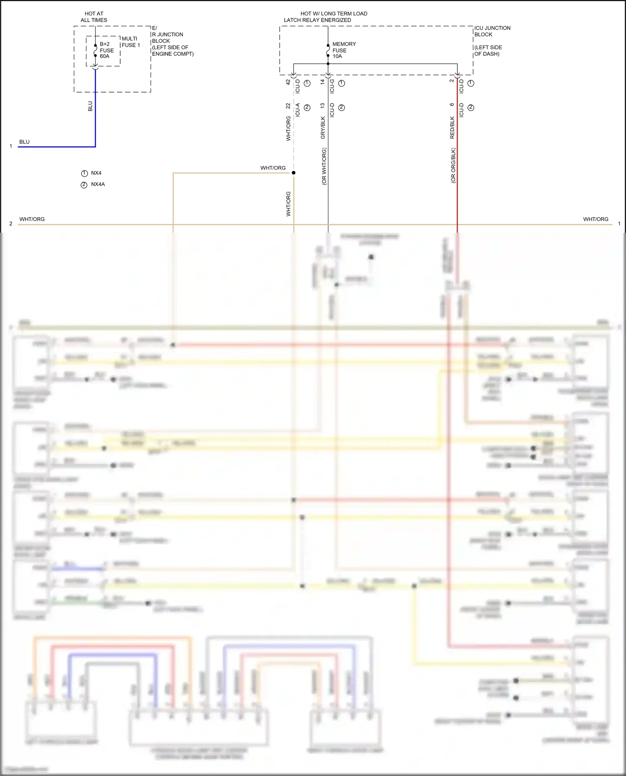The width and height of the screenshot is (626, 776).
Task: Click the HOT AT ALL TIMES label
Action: pyautogui.click(x=94, y=17)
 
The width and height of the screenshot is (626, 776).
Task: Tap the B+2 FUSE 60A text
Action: pyautogui.click(x=106, y=50)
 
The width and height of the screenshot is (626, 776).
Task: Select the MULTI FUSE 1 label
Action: pyautogui.click(x=131, y=42)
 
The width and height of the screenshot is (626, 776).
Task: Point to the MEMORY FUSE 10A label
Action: pyautogui.click(x=344, y=50)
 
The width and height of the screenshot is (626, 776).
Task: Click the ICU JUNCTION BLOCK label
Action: pyautogui.click(x=492, y=31)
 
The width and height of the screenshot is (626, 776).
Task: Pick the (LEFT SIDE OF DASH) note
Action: pyautogui.click(x=488, y=50)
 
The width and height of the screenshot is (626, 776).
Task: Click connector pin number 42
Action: pyautogui.click(x=288, y=82)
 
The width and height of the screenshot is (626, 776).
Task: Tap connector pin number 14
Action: pyautogui.click(x=323, y=82)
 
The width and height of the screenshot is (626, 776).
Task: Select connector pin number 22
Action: pyautogui.click(x=288, y=106)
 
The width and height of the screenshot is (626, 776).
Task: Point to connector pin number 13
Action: pyautogui.click(x=323, y=106)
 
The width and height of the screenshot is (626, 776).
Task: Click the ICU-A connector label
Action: pyautogui.click(x=298, y=110)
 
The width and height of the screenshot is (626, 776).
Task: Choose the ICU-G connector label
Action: pyautogui.click(x=332, y=86)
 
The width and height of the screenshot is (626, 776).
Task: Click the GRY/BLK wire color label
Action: pyautogui.click(x=323, y=128)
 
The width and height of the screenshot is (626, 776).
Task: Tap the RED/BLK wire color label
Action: pyautogui.click(x=452, y=128)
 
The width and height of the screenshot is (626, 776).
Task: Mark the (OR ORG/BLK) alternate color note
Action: pyautogui.click(x=453, y=165)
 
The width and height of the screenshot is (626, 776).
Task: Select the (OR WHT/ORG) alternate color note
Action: pyautogui.click(x=324, y=166)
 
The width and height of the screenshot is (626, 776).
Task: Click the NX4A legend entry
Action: pyautogui.click(x=98, y=184)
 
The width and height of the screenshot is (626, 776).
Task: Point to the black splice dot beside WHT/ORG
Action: pyautogui.click(x=293, y=173)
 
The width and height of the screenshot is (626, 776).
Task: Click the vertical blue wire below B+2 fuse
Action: pyautogui.click(x=95, y=108)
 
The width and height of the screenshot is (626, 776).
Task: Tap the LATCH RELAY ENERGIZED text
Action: pyautogui.click(x=317, y=20)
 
